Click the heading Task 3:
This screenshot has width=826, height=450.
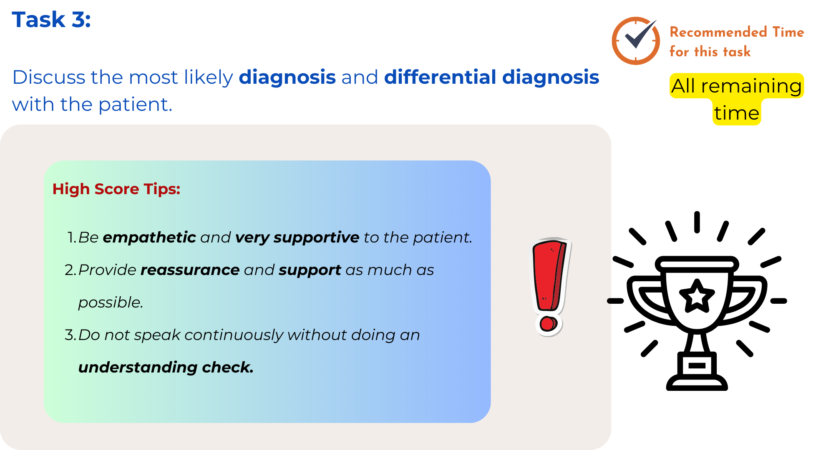coord(51,20)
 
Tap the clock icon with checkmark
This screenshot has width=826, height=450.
coord(636,41)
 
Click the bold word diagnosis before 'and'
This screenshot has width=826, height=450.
coord(287,77)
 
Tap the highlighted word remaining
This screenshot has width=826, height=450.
coord(751,86)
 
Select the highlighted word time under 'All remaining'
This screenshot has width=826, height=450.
coord(736,113)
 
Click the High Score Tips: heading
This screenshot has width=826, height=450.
coord(116,189)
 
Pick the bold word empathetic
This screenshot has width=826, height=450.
coord(149,237)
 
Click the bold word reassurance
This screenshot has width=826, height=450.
coord(190,270)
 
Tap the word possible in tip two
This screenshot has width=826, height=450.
coord(111,302)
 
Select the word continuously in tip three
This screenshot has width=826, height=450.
coord(234,335)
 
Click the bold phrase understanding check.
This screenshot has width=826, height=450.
coord(166,367)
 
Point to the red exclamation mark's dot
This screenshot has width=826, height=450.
coord(548,324)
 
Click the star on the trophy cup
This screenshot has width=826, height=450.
coord(697,296)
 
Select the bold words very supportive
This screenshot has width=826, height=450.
coord(297,237)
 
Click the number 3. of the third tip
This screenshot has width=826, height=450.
coord(70,335)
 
